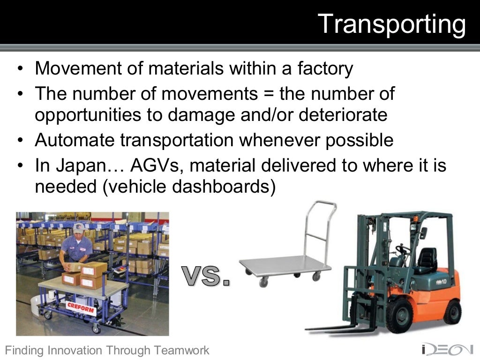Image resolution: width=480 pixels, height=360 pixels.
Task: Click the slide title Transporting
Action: pyautogui.click(x=392, y=23)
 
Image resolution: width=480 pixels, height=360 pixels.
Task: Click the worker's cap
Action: pyautogui.click(x=78, y=228)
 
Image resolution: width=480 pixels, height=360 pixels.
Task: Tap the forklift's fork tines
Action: pyautogui.click(x=337, y=328)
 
